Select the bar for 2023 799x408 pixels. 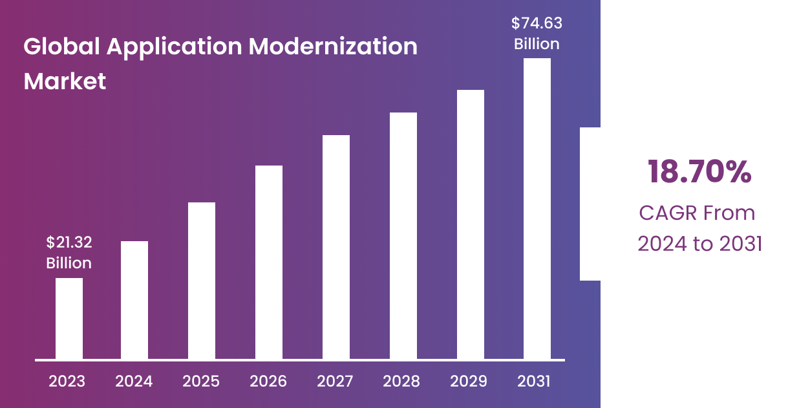[x=69, y=318]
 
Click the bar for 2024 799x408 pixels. [x=134, y=300]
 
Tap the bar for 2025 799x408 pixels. [x=202, y=281]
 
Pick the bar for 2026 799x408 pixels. [x=269, y=262]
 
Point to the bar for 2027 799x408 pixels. [x=336, y=247]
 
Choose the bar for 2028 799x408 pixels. [x=403, y=235]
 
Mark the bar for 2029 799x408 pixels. [x=471, y=224]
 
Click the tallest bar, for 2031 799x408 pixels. [x=537, y=208]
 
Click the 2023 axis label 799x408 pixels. [x=67, y=381]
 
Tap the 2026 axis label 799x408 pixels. [x=268, y=381]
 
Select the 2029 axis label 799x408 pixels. [x=469, y=381]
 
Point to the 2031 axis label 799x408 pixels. [x=534, y=381]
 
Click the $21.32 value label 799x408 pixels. [x=69, y=242]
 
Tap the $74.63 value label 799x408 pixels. [x=537, y=24]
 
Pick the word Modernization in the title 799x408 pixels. [x=333, y=47]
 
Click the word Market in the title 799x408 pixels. [x=65, y=81]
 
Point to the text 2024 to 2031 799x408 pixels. [x=700, y=244]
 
